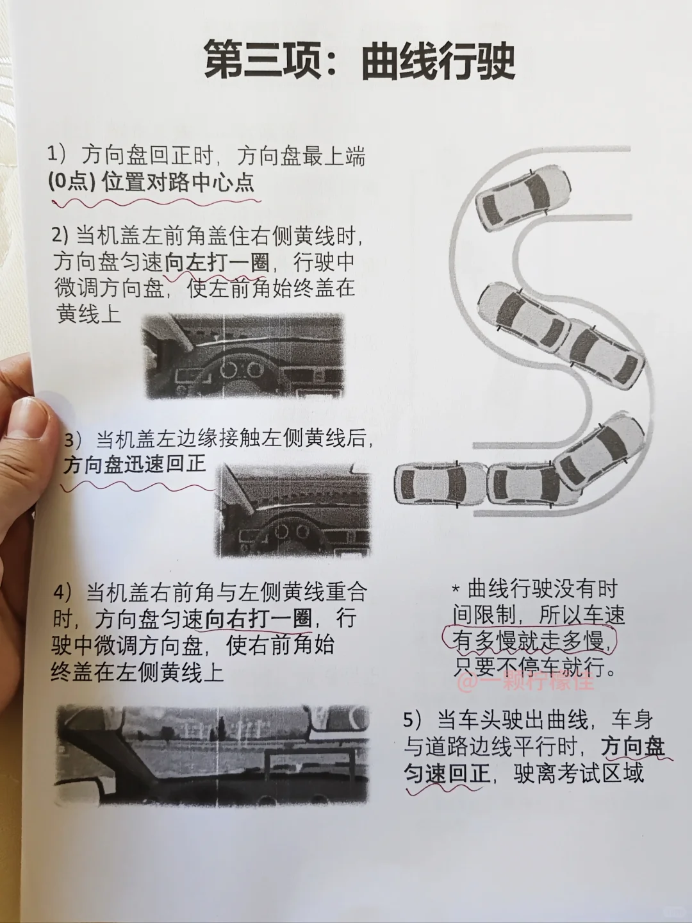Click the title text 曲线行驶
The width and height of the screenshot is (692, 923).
(x=438, y=62)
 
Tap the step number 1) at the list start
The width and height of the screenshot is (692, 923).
(x=57, y=154)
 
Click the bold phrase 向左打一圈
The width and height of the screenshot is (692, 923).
(x=217, y=263)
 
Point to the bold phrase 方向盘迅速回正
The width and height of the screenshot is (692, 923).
(x=135, y=464)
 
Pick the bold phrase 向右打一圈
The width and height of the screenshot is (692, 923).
(x=258, y=618)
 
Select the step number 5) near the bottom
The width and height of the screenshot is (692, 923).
(x=413, y=719)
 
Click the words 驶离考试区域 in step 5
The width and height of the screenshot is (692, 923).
(x=579, y=772)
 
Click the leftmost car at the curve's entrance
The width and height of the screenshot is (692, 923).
(x=440, y=485)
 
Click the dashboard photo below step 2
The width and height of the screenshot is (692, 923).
(x=243, y=356)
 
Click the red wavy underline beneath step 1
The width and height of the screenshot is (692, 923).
(x=156, y=203)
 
